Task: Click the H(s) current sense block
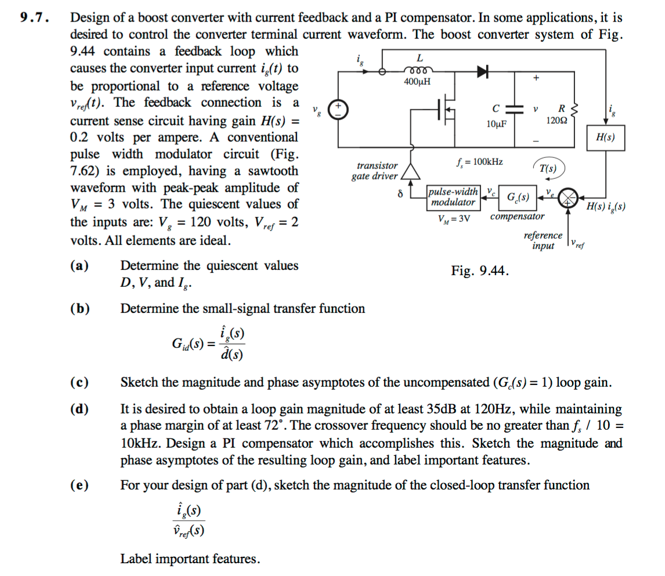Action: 605,138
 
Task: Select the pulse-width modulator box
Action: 453,197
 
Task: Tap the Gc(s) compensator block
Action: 517,197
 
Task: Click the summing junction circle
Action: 571,197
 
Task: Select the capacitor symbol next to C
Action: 512,110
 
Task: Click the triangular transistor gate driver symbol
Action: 411,170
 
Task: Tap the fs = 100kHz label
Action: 480,161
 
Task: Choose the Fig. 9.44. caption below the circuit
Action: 480,271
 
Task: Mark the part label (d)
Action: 79,410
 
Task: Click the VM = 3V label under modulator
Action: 452,218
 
